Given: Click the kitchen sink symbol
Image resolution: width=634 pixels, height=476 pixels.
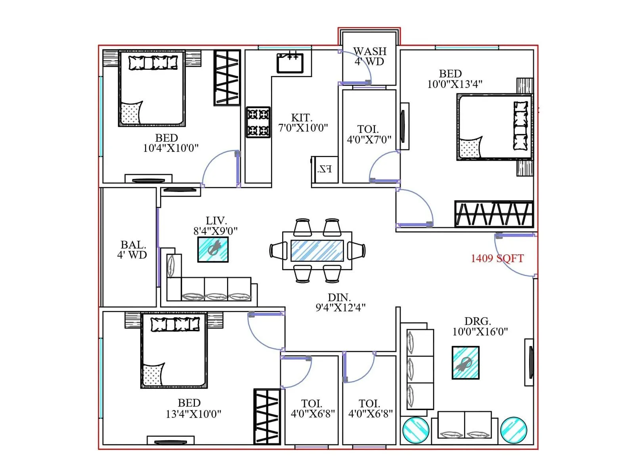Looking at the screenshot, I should click(x=290, y=63).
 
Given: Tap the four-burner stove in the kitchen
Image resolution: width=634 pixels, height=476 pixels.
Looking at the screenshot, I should click(x=258, y=122).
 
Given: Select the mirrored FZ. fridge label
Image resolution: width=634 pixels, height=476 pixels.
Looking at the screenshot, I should click(x=325, y=169).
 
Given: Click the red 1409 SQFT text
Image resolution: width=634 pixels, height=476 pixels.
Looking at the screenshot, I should click(x=497, y=259).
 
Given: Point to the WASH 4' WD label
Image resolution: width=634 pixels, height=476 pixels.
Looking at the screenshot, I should click(x=369, y=56).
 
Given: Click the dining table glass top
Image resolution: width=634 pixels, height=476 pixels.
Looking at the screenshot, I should click(x=317, y=250).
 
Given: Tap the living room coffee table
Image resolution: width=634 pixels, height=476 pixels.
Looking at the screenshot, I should click(x=213, y=250).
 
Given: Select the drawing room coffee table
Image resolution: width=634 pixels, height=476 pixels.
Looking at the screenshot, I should click(x=466, y=363).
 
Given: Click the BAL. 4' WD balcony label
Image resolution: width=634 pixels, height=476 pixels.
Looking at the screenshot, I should click(x=132, y=250).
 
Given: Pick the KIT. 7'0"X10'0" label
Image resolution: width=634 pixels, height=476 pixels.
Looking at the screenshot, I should click(x=303, y=123).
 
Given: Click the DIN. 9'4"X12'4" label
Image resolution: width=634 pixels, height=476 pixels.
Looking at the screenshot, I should click(x=340, y=302).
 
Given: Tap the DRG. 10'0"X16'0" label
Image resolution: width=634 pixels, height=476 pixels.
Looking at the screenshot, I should click(x=479, y=326).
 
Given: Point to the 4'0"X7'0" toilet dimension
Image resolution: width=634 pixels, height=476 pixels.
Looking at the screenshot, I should click(x=369, y=139).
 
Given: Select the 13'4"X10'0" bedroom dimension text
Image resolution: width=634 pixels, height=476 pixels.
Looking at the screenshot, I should click(x=193, y=414).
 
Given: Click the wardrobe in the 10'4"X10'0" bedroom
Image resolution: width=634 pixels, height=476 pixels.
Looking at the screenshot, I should click(x=227, y=77).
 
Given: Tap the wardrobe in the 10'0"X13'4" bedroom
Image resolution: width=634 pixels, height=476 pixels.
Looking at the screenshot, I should click(x=494, y=214).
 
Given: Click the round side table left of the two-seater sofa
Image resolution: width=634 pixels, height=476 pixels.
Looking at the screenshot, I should click(x=416, y=430).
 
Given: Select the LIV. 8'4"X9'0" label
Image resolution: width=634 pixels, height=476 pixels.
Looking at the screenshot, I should click(x=216, y=226).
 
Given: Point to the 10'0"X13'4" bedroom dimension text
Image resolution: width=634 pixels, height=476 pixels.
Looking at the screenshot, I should click(x=454, y=84).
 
